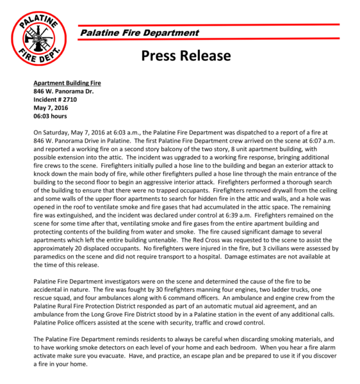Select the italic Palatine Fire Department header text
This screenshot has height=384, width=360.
[139, 33]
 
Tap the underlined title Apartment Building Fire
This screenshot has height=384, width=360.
[67, 83]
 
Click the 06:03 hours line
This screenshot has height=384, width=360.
[51, 116]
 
